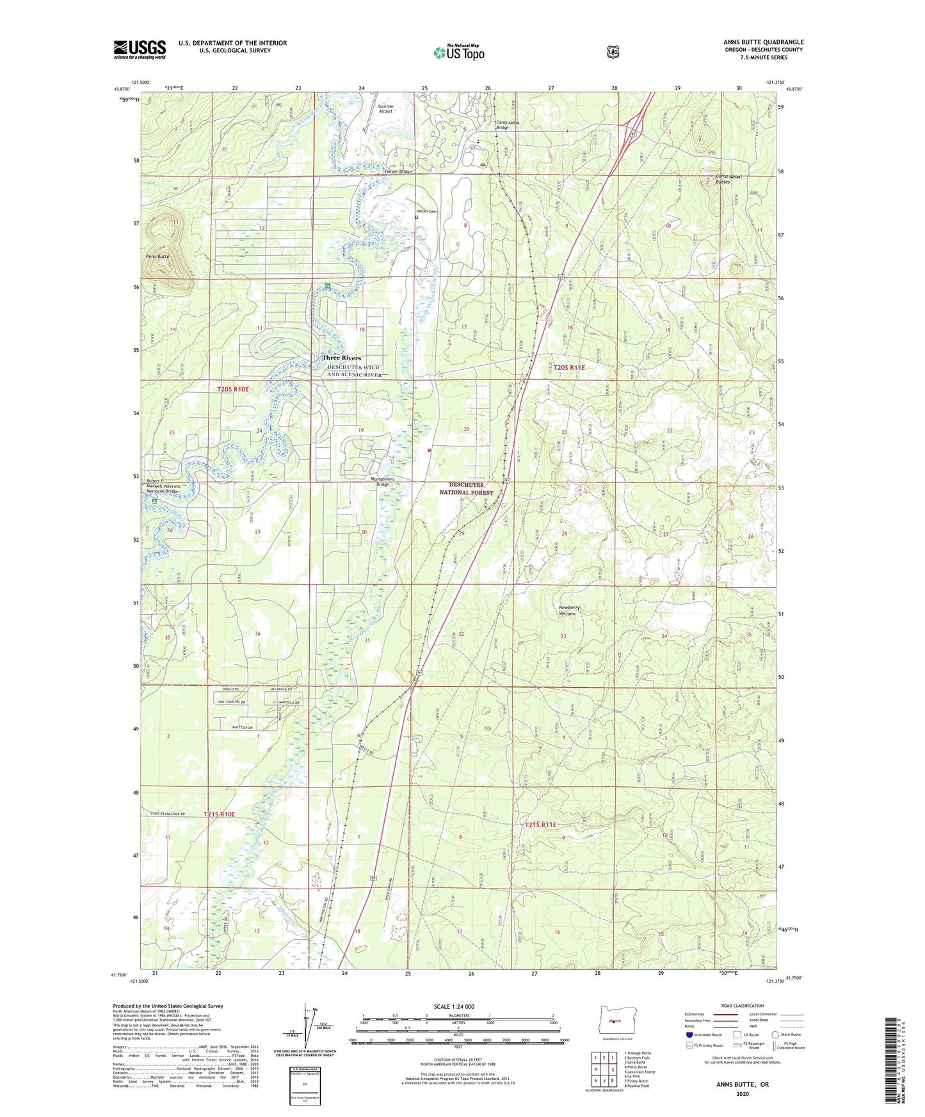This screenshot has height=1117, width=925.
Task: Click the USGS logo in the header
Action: pos(140,49)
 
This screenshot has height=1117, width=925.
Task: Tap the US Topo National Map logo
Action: pos(458,52)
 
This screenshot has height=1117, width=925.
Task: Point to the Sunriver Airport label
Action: pos(385,109)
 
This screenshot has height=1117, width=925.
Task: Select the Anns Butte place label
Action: pos(157,256)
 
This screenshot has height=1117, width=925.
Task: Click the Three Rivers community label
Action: pos(341,358)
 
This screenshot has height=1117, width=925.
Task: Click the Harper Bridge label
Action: pos(397,171)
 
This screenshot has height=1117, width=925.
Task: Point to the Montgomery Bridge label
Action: pos(382,482)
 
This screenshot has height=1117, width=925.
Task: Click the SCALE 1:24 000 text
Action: pos(454,1007)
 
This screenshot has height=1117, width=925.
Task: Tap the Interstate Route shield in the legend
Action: pos(689,1034)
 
